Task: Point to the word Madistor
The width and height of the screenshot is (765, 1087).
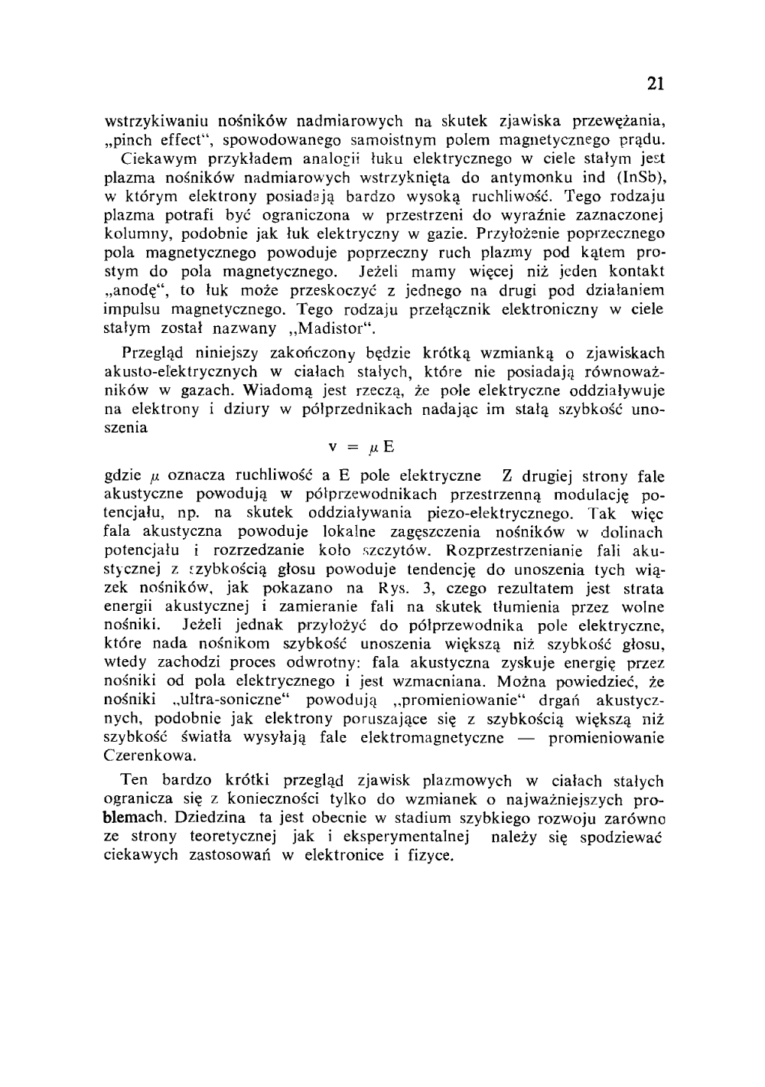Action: click(337, 329)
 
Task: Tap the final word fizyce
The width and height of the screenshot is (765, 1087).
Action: click(431, 855)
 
